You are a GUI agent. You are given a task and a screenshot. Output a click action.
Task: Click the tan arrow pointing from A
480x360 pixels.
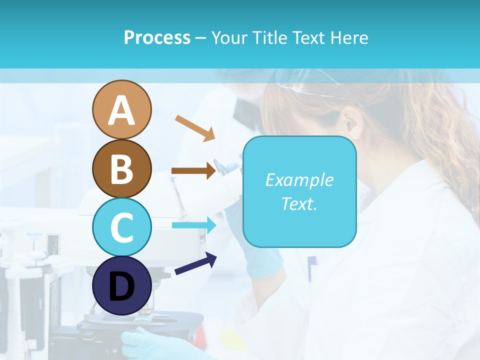(x=194, y=127)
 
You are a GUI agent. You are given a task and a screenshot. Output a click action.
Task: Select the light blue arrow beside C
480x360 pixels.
(x=194, y=225)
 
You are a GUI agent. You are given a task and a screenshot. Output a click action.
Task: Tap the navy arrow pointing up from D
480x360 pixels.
(x=195, y=263)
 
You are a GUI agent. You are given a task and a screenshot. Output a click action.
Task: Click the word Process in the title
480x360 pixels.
(x=157, y=37)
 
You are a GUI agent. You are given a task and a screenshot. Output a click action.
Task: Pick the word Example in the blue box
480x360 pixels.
(x=299, y=180)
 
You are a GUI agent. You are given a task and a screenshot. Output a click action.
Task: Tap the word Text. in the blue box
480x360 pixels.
(x=299, y=203)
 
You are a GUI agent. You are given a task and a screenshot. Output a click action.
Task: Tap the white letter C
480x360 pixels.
(x=122, y=227)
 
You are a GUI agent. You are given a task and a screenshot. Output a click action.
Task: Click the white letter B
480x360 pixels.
(x=122, y=169)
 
